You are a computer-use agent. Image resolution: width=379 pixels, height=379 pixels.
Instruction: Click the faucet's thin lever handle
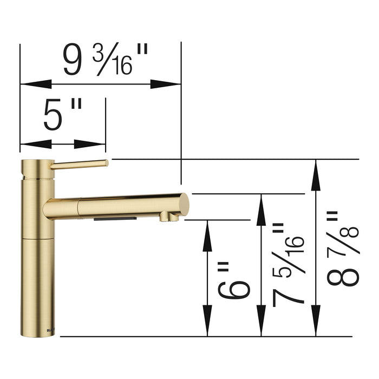(x=81, y=165)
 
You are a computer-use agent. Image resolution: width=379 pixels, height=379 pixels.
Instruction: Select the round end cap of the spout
(x=184, y=206)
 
